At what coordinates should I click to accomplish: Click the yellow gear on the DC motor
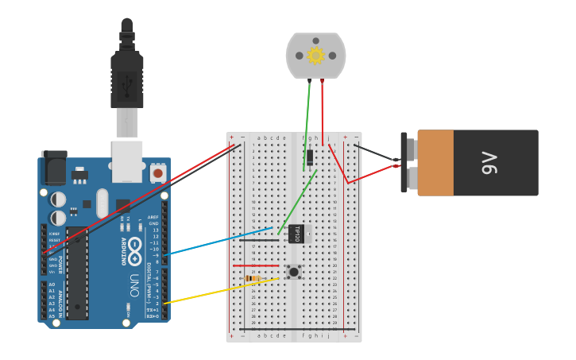(x=315, y=56)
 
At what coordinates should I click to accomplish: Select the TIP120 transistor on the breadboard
(x=296, y=234)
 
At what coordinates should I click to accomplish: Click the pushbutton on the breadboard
(x=294, y=272)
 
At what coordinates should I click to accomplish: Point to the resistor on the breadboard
(x=253, y=278)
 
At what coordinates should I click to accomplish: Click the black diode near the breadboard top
(x=309, y=157)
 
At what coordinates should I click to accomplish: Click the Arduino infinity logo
(x=135, y=246)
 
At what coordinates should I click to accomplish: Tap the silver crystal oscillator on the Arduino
(x=102, y=203)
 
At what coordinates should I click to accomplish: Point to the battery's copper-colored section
(x=435, y=163)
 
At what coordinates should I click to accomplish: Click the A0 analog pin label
(x=52, y=285)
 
